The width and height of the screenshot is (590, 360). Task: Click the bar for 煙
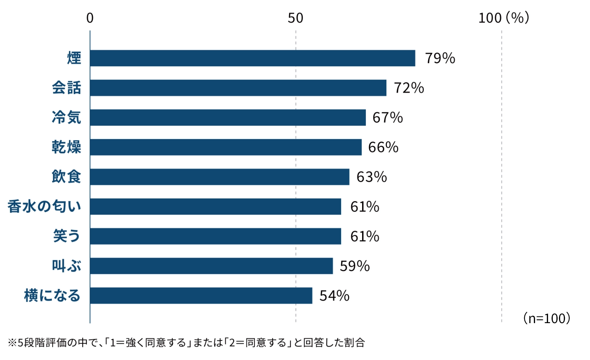[x=253, y=58]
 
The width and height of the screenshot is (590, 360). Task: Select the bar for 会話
[x=238, y=88]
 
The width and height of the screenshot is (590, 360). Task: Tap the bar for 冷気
[x=228, y=118]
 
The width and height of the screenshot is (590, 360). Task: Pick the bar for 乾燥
[x=226, y=147]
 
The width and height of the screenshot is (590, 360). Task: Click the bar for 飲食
[x=219, y=177]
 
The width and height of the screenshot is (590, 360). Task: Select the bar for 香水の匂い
[x=215, y=207]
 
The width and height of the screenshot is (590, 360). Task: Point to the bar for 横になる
[x=201, y=296]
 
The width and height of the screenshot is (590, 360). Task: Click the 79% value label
[x=440, y=58]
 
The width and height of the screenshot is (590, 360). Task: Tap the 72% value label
[x=409, y=88]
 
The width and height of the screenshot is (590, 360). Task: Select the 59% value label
[x=355, y=266]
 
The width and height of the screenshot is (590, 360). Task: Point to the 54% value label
[x=334, y=296]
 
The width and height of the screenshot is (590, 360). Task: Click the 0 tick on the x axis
[x=90, y=18]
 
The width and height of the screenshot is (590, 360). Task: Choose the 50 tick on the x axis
[x=295, y=18]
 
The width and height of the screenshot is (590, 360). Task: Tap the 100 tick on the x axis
[x=490, y=18]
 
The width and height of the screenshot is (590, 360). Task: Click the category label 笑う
[x=67, y=236]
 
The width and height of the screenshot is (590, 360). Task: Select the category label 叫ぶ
[x=67, y=266]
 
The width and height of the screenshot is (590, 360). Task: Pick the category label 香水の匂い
[x=44, y=207]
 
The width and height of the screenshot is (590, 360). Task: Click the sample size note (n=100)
[x=546, y=318]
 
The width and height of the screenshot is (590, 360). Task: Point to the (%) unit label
[x=518, y=18]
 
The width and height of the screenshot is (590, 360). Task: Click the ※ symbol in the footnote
[x=12, y=343]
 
